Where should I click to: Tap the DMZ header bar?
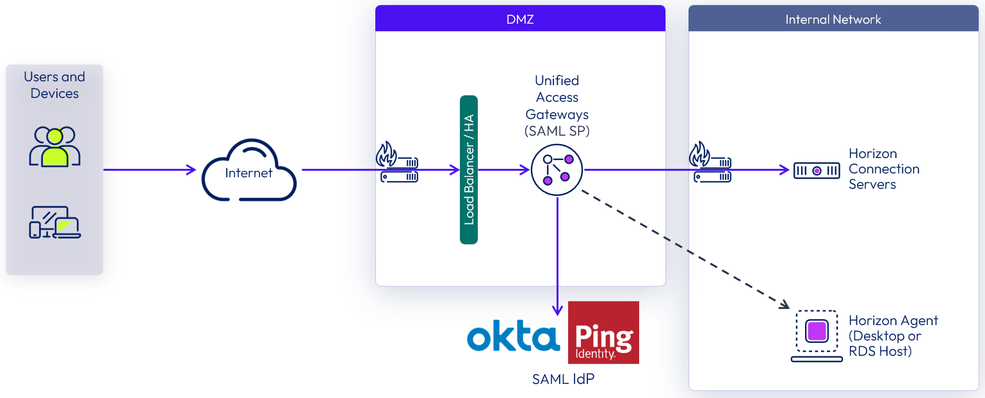click(x=520, y=19)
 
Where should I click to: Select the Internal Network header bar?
click(x=833, y=19)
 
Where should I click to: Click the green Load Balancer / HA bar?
click(x=469, y=170)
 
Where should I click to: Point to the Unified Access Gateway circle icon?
click(x=557, y=170)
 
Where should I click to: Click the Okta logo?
click(x=513, y=337)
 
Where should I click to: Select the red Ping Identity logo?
click(x=603, y=332)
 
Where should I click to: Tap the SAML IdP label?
click(x=563, y=379)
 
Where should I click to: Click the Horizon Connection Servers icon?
click(x=817, y=170)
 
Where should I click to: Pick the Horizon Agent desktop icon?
click(x=817, y=335)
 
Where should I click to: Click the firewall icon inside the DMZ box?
click(x=397, y=164)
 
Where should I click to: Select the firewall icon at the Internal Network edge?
click(x=710, y=164)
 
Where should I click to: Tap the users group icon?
click(x=54, y=147)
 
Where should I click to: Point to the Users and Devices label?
click(x=54, y=85)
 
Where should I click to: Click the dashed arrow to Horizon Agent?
click(x=685, y=250)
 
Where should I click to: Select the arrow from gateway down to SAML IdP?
click(x=557, y=256)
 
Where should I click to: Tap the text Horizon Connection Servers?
click(x=884, y=169)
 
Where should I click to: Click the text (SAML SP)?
click(x=557, y=131)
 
